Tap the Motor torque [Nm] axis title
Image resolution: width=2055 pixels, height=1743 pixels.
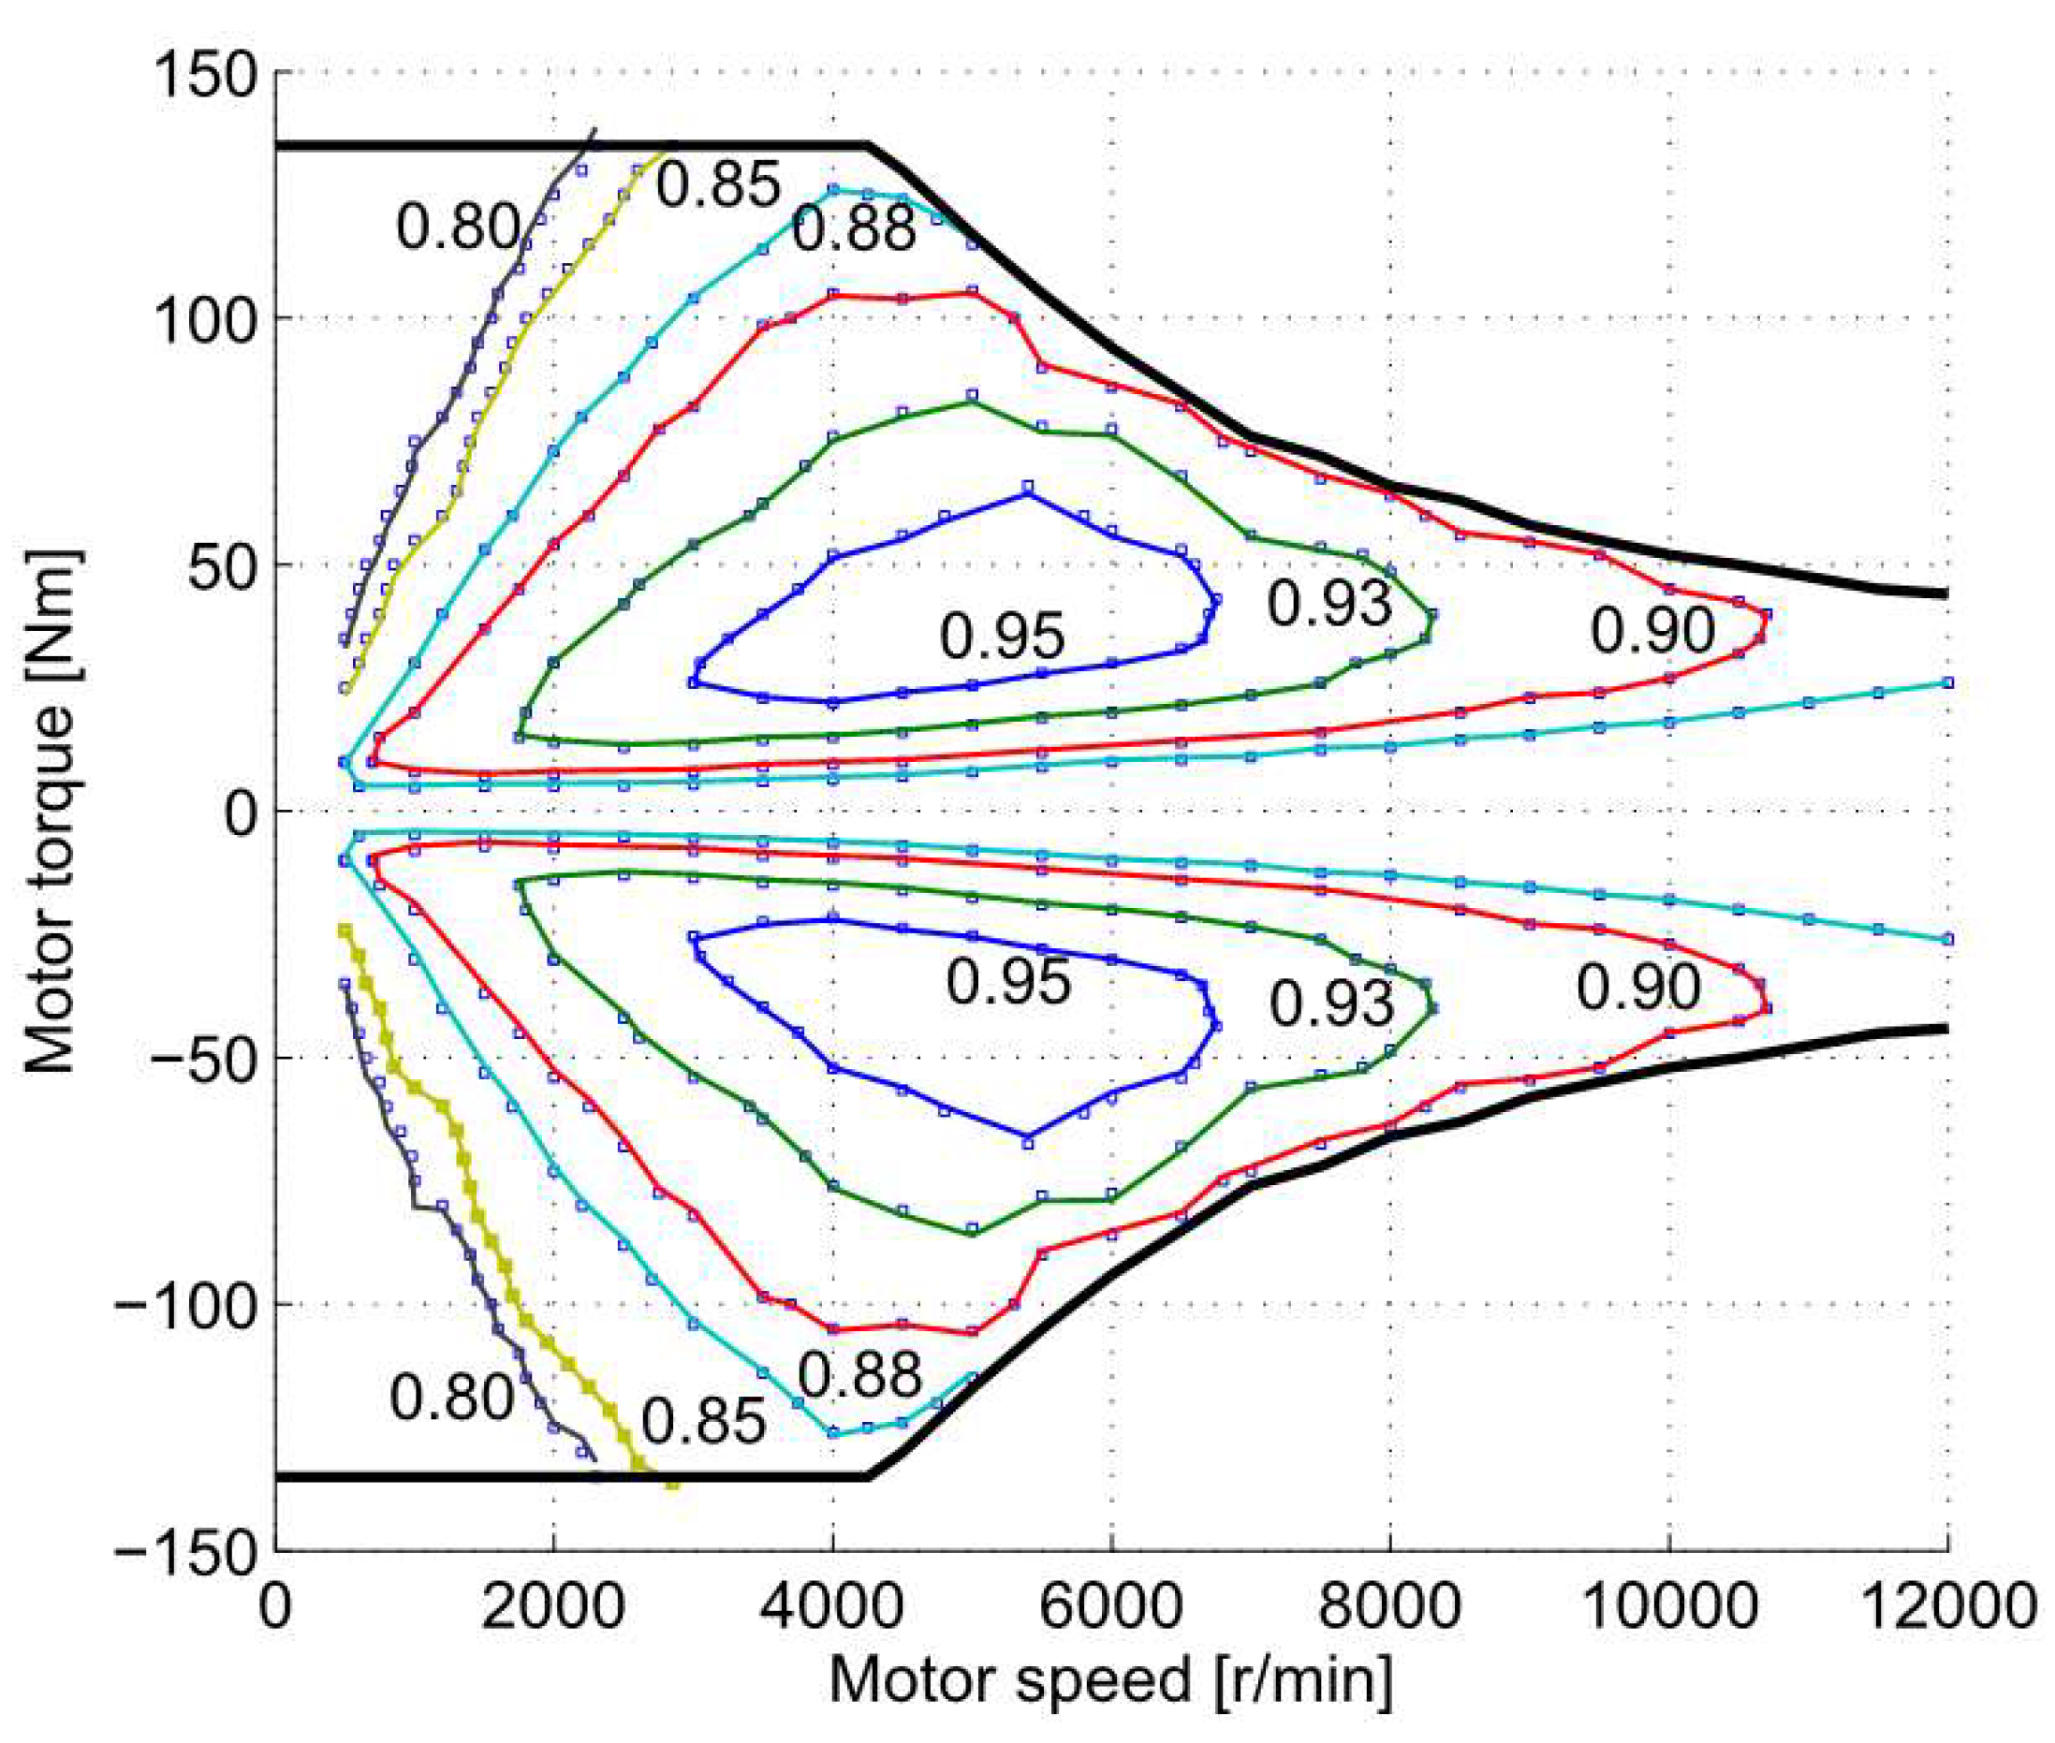[x=51, y=811]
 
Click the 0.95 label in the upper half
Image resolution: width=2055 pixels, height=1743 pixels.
[x=1002, y=636]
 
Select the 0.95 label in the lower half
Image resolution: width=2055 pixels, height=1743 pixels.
[x=1007, y=982]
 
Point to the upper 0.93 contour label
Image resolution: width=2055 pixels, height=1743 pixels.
[x=1329, y=604]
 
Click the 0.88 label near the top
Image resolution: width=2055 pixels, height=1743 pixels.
[x=854, y=230]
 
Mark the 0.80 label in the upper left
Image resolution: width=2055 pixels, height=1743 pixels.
[x=458, y=227]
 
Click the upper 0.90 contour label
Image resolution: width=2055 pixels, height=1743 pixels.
[x=1651, y=630]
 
